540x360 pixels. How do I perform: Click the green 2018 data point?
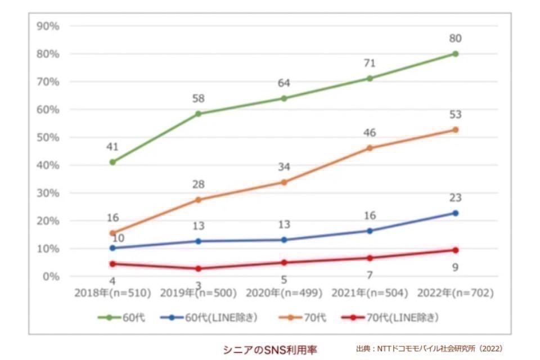112,162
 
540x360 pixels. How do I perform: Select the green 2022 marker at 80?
456,54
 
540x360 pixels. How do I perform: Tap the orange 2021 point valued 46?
370,148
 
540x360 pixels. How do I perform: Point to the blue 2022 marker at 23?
456,213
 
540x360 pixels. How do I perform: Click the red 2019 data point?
199,269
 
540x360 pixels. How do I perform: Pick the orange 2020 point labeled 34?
284,182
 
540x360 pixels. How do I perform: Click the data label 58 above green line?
198,99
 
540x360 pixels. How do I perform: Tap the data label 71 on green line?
370,64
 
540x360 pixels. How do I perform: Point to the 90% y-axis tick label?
48,26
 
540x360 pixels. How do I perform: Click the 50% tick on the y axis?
48,137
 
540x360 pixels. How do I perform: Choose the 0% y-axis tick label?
51,276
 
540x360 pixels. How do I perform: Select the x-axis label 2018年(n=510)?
112,293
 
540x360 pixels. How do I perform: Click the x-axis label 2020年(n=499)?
284,293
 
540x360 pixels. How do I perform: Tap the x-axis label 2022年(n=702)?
456,293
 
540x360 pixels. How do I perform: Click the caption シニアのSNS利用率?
270,349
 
